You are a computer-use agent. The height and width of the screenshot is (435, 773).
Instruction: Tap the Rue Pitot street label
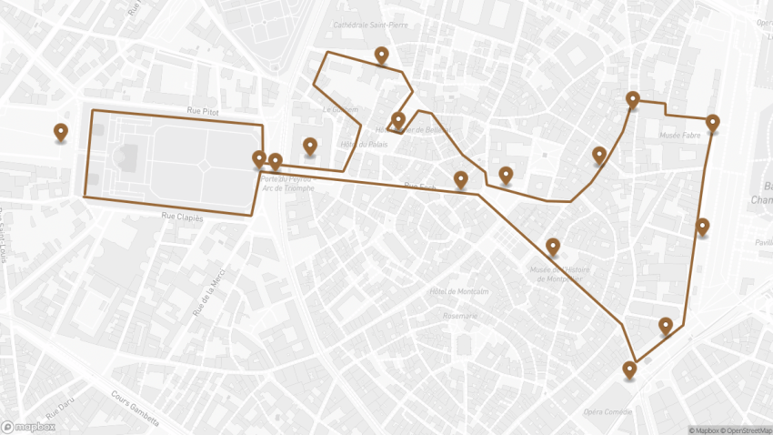pos(203,111)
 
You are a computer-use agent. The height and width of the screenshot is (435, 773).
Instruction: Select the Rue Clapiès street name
pos(183,217)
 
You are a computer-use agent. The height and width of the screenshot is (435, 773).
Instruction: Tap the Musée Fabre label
pos(680,136)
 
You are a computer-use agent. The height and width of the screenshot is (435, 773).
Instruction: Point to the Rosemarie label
pos(459,316)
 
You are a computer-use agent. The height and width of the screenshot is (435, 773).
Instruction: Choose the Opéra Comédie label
pos(607,411)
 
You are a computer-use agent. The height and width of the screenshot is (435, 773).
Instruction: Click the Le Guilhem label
pos(340,109)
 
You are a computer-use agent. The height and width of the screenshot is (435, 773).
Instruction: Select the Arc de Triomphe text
pos(286,188)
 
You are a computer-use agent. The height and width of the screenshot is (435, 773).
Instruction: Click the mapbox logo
pos(27,426)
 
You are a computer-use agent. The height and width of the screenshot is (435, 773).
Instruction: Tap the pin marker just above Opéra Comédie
pos(629,369)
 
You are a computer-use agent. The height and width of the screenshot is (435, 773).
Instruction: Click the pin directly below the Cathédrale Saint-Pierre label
pos(382,56)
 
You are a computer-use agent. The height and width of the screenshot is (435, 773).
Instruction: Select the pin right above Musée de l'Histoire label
pos(553,246)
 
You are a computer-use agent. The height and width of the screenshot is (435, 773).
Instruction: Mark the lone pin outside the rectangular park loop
pos(61,133)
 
